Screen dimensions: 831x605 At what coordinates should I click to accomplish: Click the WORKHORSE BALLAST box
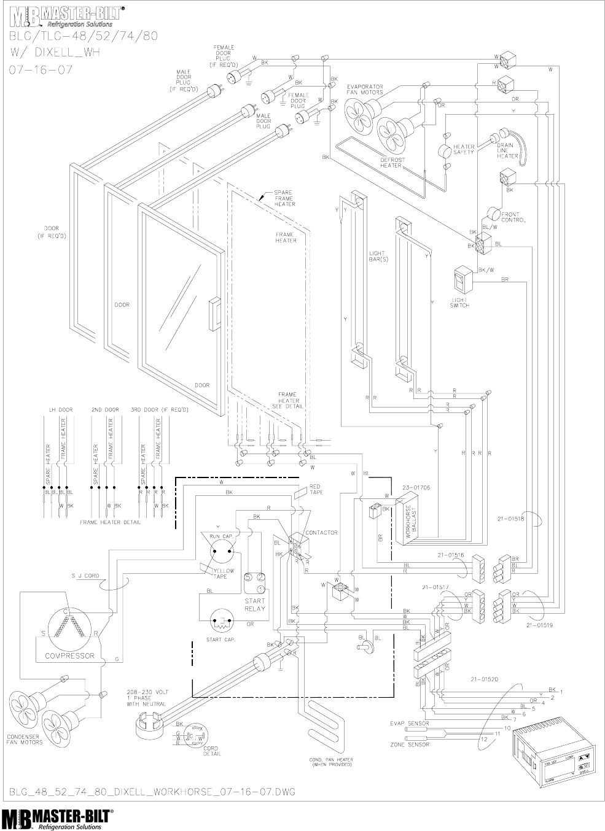(413, 522)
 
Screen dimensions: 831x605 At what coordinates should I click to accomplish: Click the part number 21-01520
(483, 680)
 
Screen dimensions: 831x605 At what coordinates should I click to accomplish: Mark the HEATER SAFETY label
(464, 149)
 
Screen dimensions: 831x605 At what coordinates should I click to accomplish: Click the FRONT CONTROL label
(513, 217)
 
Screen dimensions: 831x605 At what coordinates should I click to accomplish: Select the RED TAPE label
(315, 489)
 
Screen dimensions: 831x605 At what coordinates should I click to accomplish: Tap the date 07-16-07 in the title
(41, 69)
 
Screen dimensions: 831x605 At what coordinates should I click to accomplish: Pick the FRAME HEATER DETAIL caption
(110, 522)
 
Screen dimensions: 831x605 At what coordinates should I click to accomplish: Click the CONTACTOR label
(321, 533)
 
